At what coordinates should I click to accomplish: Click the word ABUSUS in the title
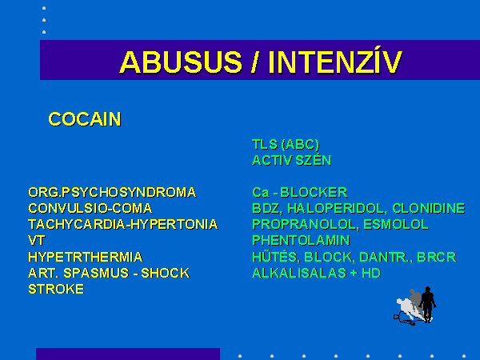click(x=182, y=62)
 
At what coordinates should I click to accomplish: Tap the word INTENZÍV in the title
click(x=335, y=62)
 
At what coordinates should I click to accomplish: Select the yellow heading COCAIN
click(x=85, y=119)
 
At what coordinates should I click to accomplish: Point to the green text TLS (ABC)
click(x=286, y=145)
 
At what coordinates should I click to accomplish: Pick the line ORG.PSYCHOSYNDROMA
click(x=112, y=193)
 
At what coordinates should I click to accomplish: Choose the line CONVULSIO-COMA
click(x=90, y=209)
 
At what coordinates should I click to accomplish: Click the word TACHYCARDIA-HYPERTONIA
click(x=123, y=224)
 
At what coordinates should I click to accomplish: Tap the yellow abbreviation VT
click(x=37, y=240)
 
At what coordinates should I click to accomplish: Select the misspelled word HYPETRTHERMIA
click(x=86, y=257)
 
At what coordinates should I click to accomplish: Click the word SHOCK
click(x=166, y=273)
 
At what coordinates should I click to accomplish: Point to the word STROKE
click(x=56, y=289)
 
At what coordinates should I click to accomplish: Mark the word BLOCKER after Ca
click(x=314, y=193)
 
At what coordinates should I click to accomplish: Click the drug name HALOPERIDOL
click(x=336, y=209)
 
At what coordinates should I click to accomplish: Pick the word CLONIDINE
click(x=429, y=209)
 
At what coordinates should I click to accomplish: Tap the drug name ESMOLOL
click(x=396, y=224)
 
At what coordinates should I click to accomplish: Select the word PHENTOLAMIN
click(x=302, y=240)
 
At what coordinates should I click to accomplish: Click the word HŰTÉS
click(x=274, y=256)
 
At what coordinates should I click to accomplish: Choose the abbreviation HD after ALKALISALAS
click(x=371, y=273)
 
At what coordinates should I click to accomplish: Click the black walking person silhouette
click(x=428, y=304)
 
